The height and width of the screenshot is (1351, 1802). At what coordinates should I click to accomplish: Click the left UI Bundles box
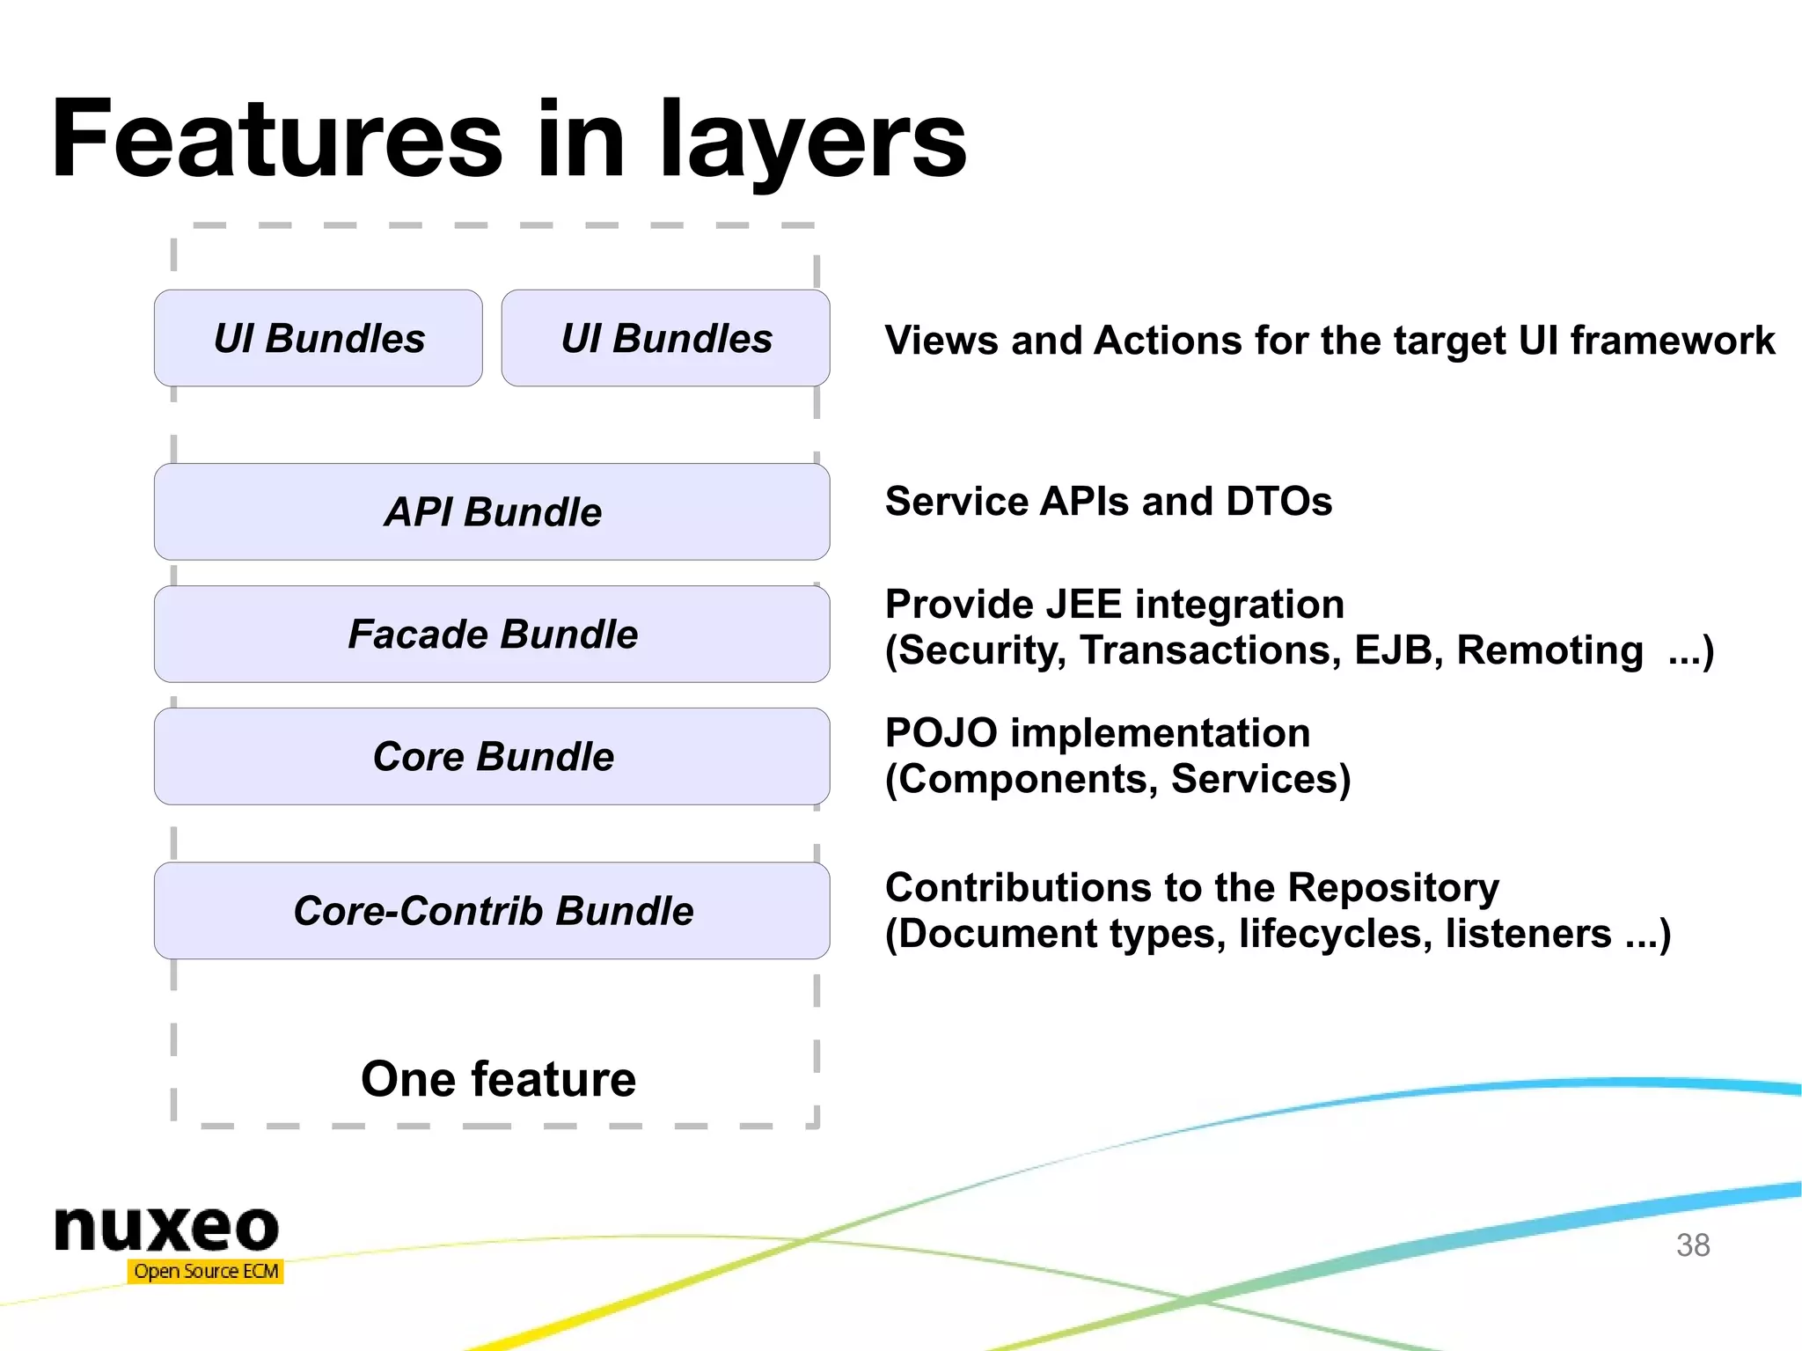[318, 338]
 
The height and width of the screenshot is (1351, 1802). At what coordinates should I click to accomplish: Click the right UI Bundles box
[665, 338]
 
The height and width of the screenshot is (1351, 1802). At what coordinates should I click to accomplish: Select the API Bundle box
[492, 511]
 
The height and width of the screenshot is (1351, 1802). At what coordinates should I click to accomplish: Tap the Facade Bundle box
[492, 634]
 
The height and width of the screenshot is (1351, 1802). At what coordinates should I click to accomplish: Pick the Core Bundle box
[492, 756]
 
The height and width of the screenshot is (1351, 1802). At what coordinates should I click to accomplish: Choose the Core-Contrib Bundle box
[492, 910]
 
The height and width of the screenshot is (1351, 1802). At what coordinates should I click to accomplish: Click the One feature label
[498, 1079]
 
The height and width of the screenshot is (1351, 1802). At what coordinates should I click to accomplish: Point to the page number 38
[1692, 1245]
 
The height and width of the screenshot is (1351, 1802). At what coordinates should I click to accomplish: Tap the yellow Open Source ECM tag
[206, 1271]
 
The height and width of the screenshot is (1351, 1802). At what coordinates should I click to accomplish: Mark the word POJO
[941, 733]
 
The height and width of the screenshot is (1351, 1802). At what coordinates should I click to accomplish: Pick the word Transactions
[1210, 650]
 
